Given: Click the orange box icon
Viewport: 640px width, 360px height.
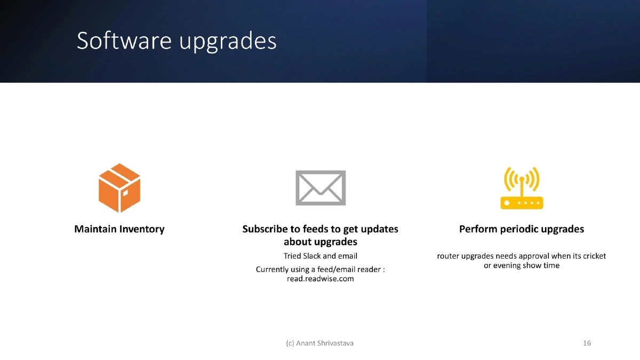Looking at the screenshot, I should point(119,188).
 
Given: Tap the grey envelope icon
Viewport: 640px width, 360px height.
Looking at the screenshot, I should point(321,188).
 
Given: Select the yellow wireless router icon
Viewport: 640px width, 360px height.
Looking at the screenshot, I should point(522,188).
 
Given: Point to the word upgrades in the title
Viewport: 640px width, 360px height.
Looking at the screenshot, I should point(228,42).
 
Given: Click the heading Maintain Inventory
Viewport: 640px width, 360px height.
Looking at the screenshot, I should point(119,229).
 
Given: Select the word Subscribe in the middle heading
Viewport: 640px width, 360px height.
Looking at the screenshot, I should point(265,229).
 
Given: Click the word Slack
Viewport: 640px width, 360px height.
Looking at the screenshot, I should point(312,256).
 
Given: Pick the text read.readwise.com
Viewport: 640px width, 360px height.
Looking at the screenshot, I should point(321,278).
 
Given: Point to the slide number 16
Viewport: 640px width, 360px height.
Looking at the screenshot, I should point(587,343).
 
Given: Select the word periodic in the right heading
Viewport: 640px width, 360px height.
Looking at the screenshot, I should point(519,229).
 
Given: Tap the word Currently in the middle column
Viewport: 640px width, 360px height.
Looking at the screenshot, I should point(273,269).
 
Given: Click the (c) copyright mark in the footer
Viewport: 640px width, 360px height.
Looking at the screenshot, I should point(290,343).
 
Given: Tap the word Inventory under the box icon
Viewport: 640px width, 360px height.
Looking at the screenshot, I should point(142,229).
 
